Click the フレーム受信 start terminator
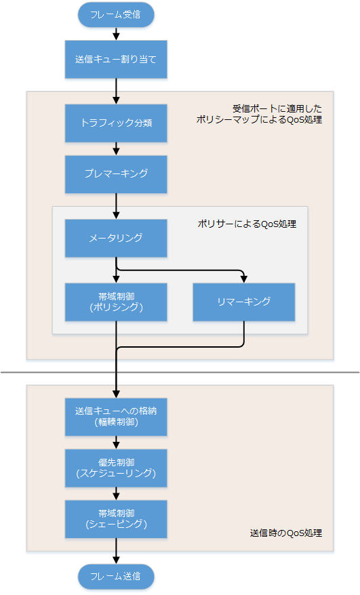click(116, 14)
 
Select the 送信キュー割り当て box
click(116, 59)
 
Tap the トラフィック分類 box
click(116, 123)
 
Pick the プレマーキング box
click(116, 173)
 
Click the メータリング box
click(116, 238)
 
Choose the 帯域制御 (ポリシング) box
click(116, 302)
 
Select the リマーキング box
click(243, 302)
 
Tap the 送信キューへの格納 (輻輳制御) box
click(116, 416)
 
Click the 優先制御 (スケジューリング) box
click(116, 468)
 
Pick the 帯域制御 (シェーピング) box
click(116, 519)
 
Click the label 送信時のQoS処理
click(285, 533)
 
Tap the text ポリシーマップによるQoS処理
click(258, 119)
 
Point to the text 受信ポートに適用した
click(277, 108)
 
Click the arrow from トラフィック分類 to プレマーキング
click(116, 148)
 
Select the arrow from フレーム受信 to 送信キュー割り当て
click(116, 33)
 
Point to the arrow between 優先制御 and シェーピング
click(116, 493)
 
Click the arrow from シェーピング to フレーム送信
click(116, 551)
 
